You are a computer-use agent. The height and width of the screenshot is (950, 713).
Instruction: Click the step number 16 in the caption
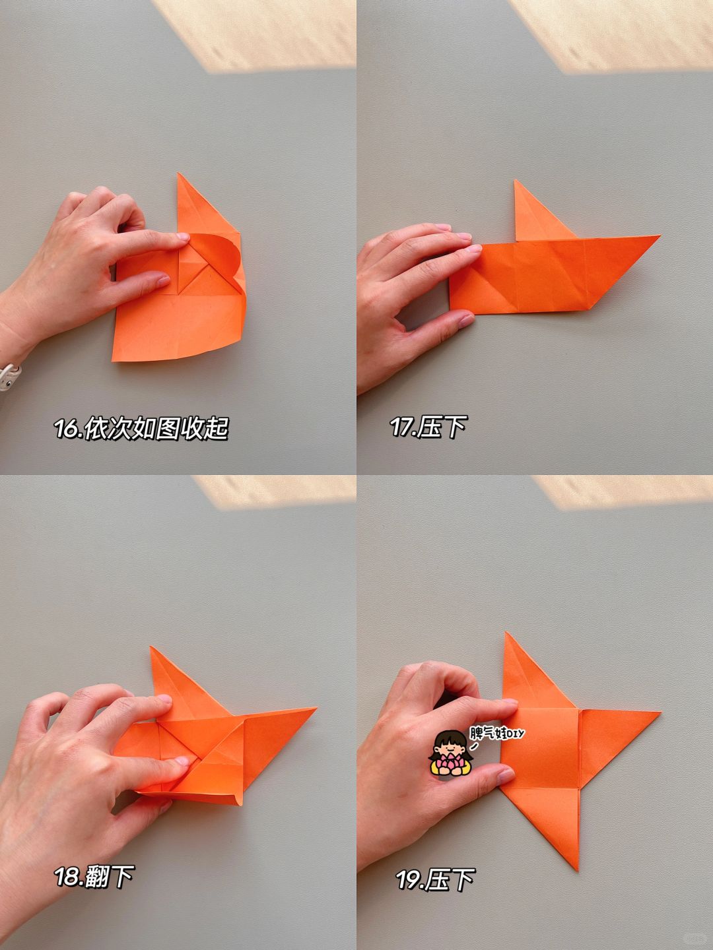click(67, 428)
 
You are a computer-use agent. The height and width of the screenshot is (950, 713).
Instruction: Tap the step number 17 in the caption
click(402, 427)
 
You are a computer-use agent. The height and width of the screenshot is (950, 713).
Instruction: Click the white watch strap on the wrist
click(9, 377)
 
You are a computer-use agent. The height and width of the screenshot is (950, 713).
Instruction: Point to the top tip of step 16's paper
click(178, 173)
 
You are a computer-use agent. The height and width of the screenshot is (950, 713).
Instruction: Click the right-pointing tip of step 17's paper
click(660, 236)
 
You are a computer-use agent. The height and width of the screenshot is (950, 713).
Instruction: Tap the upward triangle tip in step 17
click(515, 180)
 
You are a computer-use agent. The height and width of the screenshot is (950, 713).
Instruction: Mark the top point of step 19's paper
click(506, 632)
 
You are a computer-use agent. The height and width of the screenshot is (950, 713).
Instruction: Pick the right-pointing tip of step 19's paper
click(660, 712)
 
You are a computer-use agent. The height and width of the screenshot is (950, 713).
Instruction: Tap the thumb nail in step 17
click(466, 321)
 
